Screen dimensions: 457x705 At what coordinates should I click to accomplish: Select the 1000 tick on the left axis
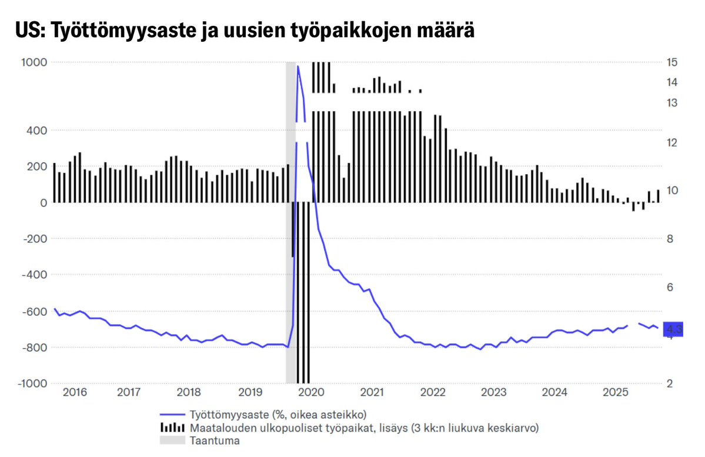35,62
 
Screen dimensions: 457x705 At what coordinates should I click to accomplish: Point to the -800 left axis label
34,348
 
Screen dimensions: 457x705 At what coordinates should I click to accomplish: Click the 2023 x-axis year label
493,392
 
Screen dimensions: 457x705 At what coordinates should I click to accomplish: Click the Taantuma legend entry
214,441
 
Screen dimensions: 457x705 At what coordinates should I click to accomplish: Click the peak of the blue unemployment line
298,66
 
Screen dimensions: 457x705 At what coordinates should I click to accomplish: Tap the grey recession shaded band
290,224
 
